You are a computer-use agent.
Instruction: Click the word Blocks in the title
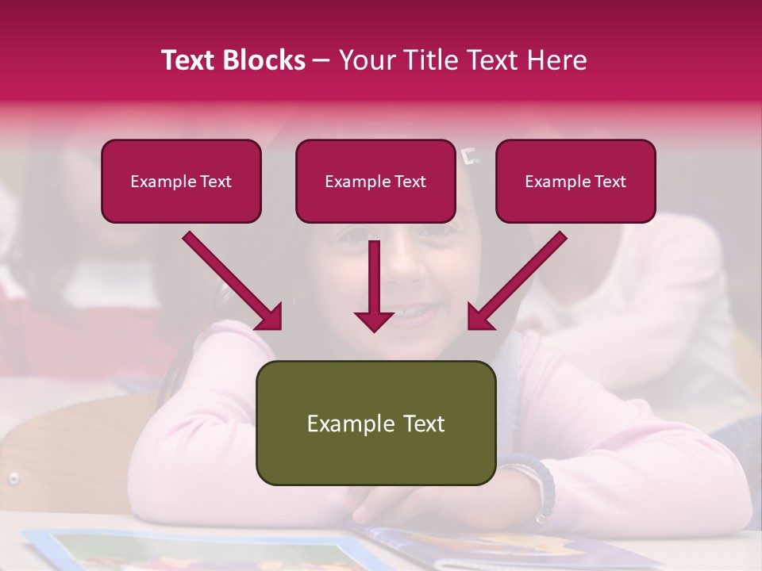pos(264,60)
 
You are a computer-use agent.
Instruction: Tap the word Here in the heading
pos(555,60)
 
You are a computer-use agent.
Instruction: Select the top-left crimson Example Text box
pos(181,181)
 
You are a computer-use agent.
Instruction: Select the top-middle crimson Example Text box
pos(375,181)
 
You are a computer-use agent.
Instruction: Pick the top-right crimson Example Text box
pos(575,181)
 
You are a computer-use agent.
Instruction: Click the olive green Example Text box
pos(375,423)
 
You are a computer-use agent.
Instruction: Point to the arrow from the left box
pos(233,282)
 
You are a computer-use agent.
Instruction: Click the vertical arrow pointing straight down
pos(374,285)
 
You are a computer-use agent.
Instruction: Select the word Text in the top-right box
pos(610,181)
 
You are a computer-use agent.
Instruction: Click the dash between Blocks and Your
pos(321,60)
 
